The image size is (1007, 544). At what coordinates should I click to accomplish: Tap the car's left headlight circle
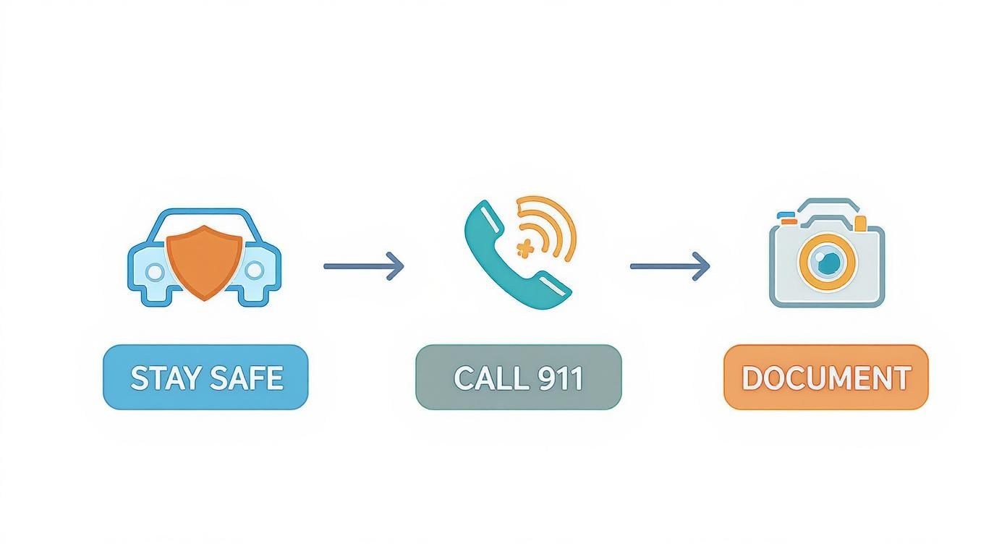point(155,272)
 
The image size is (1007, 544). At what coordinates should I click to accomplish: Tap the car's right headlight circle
point(254,270)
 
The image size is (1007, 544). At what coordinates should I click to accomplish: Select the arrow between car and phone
point(364,267)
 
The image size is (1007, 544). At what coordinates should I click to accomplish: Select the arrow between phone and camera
point(671,267)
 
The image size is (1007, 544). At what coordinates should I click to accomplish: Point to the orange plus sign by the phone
point(524,248)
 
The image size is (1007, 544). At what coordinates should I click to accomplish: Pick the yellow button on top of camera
point(860,224)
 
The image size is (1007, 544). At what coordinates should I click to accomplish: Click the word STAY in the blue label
point(165,378)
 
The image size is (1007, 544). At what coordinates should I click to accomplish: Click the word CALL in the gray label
point(490,378)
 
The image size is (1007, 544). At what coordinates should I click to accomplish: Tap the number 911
point(560,378)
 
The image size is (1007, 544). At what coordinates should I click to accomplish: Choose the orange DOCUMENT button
point(826,377)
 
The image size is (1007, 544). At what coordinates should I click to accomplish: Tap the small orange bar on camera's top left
point(789,221)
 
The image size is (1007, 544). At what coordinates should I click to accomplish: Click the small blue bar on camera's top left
point(786,214)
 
